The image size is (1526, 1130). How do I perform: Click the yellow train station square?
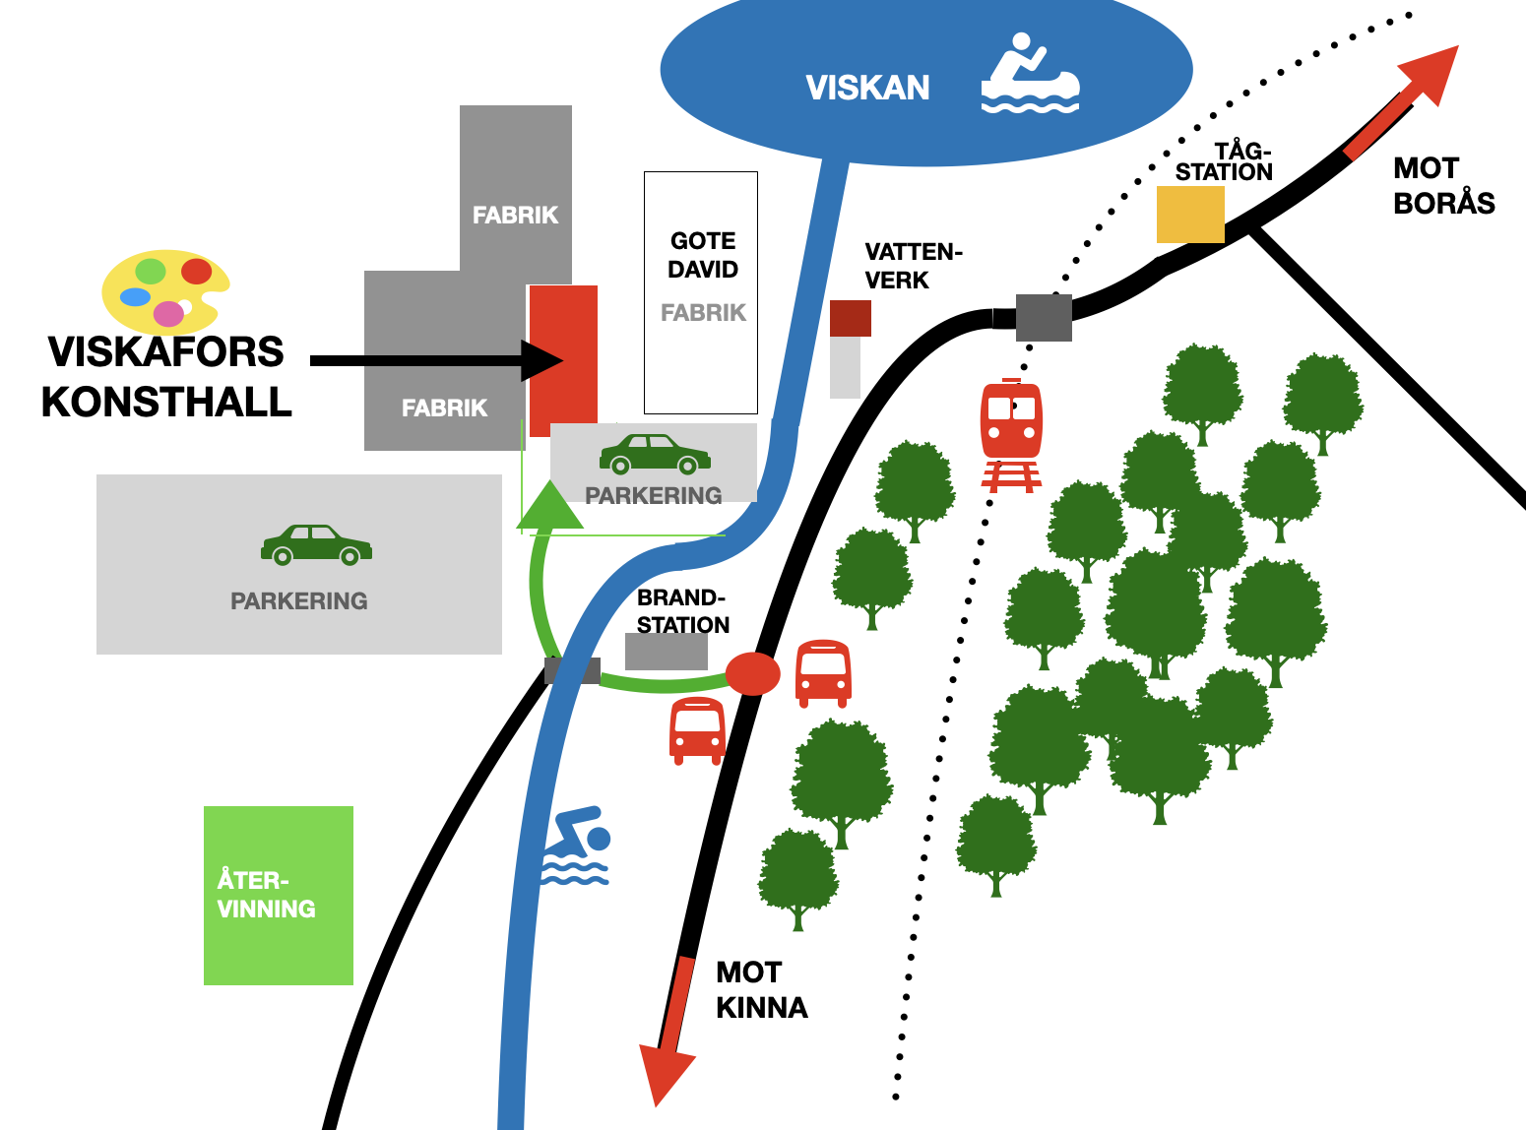[x=1190, y=214]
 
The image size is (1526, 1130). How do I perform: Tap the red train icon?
[x=1011, y=436]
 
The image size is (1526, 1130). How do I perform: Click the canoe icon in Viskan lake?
[x=1030, y=72]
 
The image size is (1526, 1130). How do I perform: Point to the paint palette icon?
[x=165, y=291]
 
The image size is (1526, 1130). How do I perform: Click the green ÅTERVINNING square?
[x=279, y=896]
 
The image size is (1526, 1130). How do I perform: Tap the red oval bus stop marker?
[x=753, y=673]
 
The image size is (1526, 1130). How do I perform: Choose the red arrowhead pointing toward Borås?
[x=1432, y=74]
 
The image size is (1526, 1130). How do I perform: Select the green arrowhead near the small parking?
[x=549, y=506]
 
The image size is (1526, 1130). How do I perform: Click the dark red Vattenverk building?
[x=851, y=318]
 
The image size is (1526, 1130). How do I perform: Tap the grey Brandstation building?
[x=666, y=651]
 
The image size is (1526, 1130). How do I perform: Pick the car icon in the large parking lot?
[x=316, y=545]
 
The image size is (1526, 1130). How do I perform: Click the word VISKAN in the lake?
[x=867, y=88]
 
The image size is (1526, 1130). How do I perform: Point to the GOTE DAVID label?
[x=703, y=255]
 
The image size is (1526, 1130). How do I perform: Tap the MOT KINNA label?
[x=762, y=990]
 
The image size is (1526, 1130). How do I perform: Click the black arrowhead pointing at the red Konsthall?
[x=542, y=360]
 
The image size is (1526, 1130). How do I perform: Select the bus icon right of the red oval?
[x=823, y=673]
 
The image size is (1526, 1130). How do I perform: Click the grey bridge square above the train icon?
[x=1044, y=317]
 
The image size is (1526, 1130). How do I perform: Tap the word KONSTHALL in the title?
[x=166, y=402]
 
